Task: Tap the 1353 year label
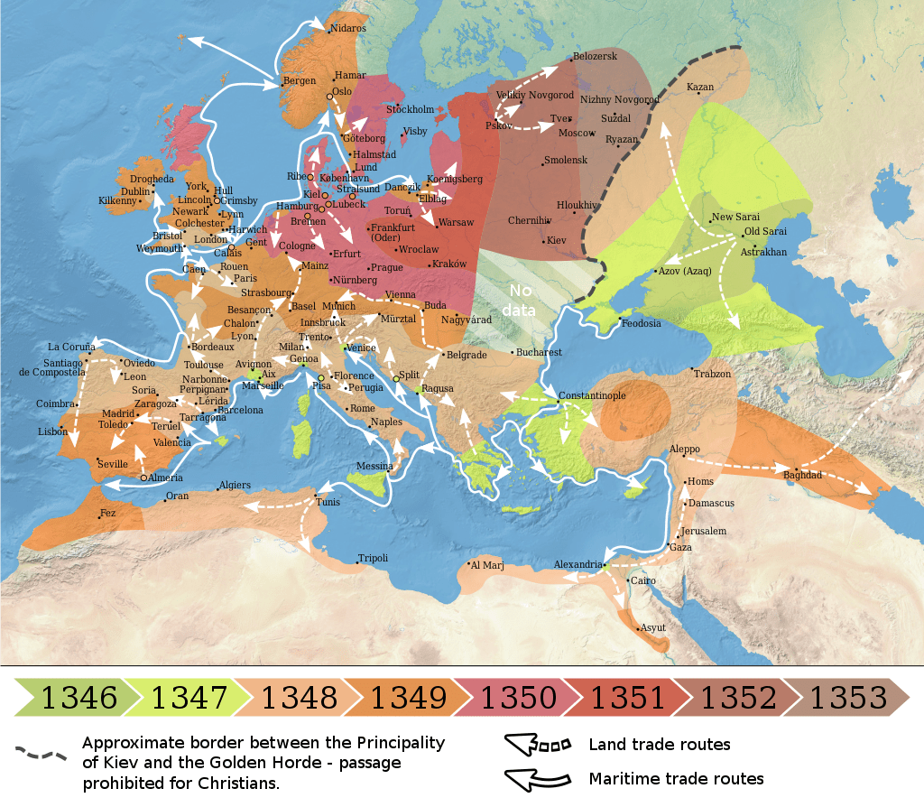[x=847, y=698]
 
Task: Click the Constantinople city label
[x=593, y=395]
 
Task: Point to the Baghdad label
[x=802, y=474]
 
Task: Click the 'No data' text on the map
[x=522, y=299]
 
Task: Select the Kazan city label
[x=700, y=88]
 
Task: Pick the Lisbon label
[x=52, y=431]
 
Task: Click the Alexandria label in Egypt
[x=577, y=564]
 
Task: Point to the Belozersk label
[x=595, y=57]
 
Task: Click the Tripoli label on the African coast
[x=373, y=558]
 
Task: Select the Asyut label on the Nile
[x=651, y=627]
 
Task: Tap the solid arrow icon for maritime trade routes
[x=538, y=777]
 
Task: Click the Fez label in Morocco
[x=108, y=513]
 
